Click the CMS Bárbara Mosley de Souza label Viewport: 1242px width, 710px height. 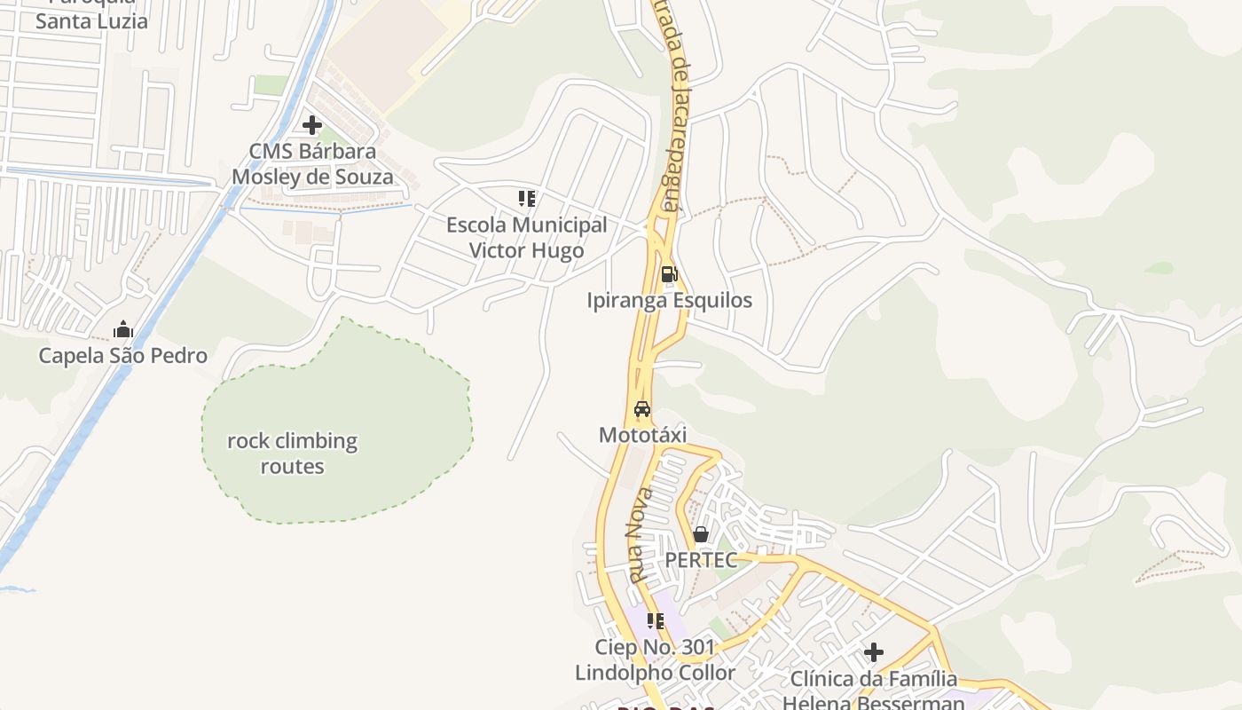click(312, 164)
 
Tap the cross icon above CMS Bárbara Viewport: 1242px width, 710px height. click(312, 125)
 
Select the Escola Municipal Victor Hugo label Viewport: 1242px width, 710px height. click(527, 238)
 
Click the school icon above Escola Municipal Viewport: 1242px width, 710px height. click(527, 198)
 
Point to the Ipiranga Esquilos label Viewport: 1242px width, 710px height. click(669, 300)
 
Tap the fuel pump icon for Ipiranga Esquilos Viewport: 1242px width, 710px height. click(669, 274)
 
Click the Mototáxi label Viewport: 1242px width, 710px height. click(642, 435)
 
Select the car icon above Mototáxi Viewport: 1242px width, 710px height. click(642, 409)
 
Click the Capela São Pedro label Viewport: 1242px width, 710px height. click(122, 356)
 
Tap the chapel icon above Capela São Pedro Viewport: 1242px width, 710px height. click(122, 330)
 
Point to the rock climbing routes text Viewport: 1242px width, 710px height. click(292, 454)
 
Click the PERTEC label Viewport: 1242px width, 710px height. click(701, 560)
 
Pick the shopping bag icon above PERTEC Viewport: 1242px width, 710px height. click(701, 534)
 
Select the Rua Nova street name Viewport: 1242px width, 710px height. click(641, 535)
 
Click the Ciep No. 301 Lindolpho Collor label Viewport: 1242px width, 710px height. click(656, 660)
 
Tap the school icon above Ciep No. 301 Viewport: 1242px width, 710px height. click(656, 621)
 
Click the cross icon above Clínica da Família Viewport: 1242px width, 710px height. click(874, 653)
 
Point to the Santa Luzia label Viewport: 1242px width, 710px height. click(91, 20)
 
